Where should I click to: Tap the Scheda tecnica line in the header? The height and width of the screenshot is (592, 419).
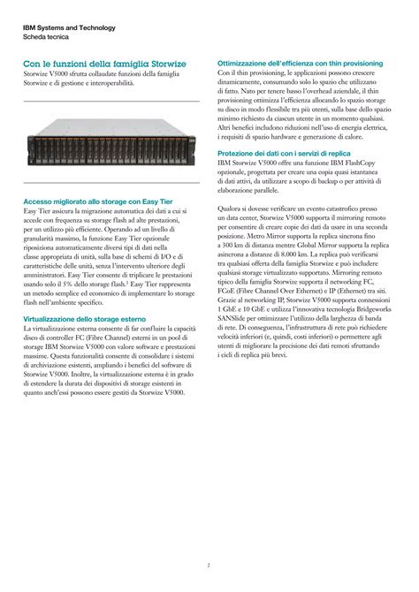(42, 37)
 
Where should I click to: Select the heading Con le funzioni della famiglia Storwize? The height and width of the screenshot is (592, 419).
(104, 65)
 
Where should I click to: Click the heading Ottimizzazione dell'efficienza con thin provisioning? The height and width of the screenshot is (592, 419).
(300, 64)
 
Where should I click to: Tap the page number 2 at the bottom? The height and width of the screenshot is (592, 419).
(209, 540)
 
